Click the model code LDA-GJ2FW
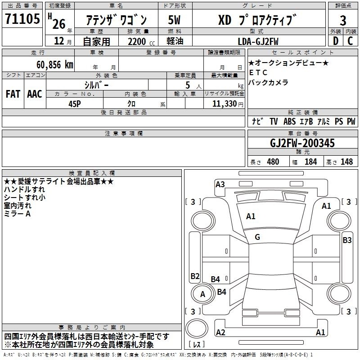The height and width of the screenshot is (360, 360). point(258,41)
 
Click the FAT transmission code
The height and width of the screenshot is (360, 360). point(13,94)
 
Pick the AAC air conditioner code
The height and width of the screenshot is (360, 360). point(35,94)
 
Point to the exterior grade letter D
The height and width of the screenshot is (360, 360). point(335,41)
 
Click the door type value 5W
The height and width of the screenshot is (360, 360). point(175,20)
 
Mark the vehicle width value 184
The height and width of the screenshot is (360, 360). point(311,162)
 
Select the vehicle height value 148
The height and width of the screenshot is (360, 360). point(346,162)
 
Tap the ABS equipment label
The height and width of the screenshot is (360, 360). point(289,121)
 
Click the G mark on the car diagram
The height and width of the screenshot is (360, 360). point(257,237)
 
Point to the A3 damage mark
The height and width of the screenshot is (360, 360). point(220,184)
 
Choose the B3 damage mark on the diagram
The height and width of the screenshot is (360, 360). point(347,240)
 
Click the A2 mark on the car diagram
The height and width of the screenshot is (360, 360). point(220,333)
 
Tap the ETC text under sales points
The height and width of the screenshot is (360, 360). point(258,72)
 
